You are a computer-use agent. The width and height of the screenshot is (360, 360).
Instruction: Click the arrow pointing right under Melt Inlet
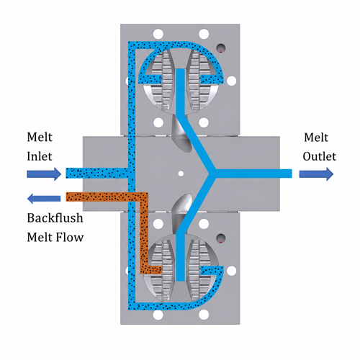pyautogui.click(x=44, y=174)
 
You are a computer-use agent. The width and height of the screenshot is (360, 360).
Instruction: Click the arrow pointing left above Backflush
pyautogui.click(x=44, y=199)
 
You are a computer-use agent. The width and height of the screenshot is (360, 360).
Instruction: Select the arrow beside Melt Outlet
pyautogui.click(x=316, y=174)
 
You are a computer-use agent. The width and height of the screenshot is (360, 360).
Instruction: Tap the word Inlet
pyautogui.click(x=40, y=156)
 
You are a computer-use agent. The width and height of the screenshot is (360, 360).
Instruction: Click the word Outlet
pyautogui.click(x=319, y=156)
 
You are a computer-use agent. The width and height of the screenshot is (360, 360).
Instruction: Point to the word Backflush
pyautogui.click(x=55, y=218)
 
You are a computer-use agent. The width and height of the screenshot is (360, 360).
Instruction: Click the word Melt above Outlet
pyautogui.click(x=316, y=138)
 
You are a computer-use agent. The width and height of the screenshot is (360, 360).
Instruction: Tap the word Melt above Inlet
pyautogui.click(x=40, y=138)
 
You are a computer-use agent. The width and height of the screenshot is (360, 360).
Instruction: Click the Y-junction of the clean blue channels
pyautogui.click(x=212, y=174)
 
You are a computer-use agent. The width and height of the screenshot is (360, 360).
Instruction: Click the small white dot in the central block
pyautogui.click(x=181, y=174)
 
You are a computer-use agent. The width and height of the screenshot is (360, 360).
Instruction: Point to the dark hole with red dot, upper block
pyautogui.click(x=221, y=48)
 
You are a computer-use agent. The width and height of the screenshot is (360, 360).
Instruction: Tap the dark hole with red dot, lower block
pyautogui.click(x=221, y=238)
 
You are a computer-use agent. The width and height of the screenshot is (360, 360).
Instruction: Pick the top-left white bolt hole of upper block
pyautogui.click(x=158, y=34)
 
